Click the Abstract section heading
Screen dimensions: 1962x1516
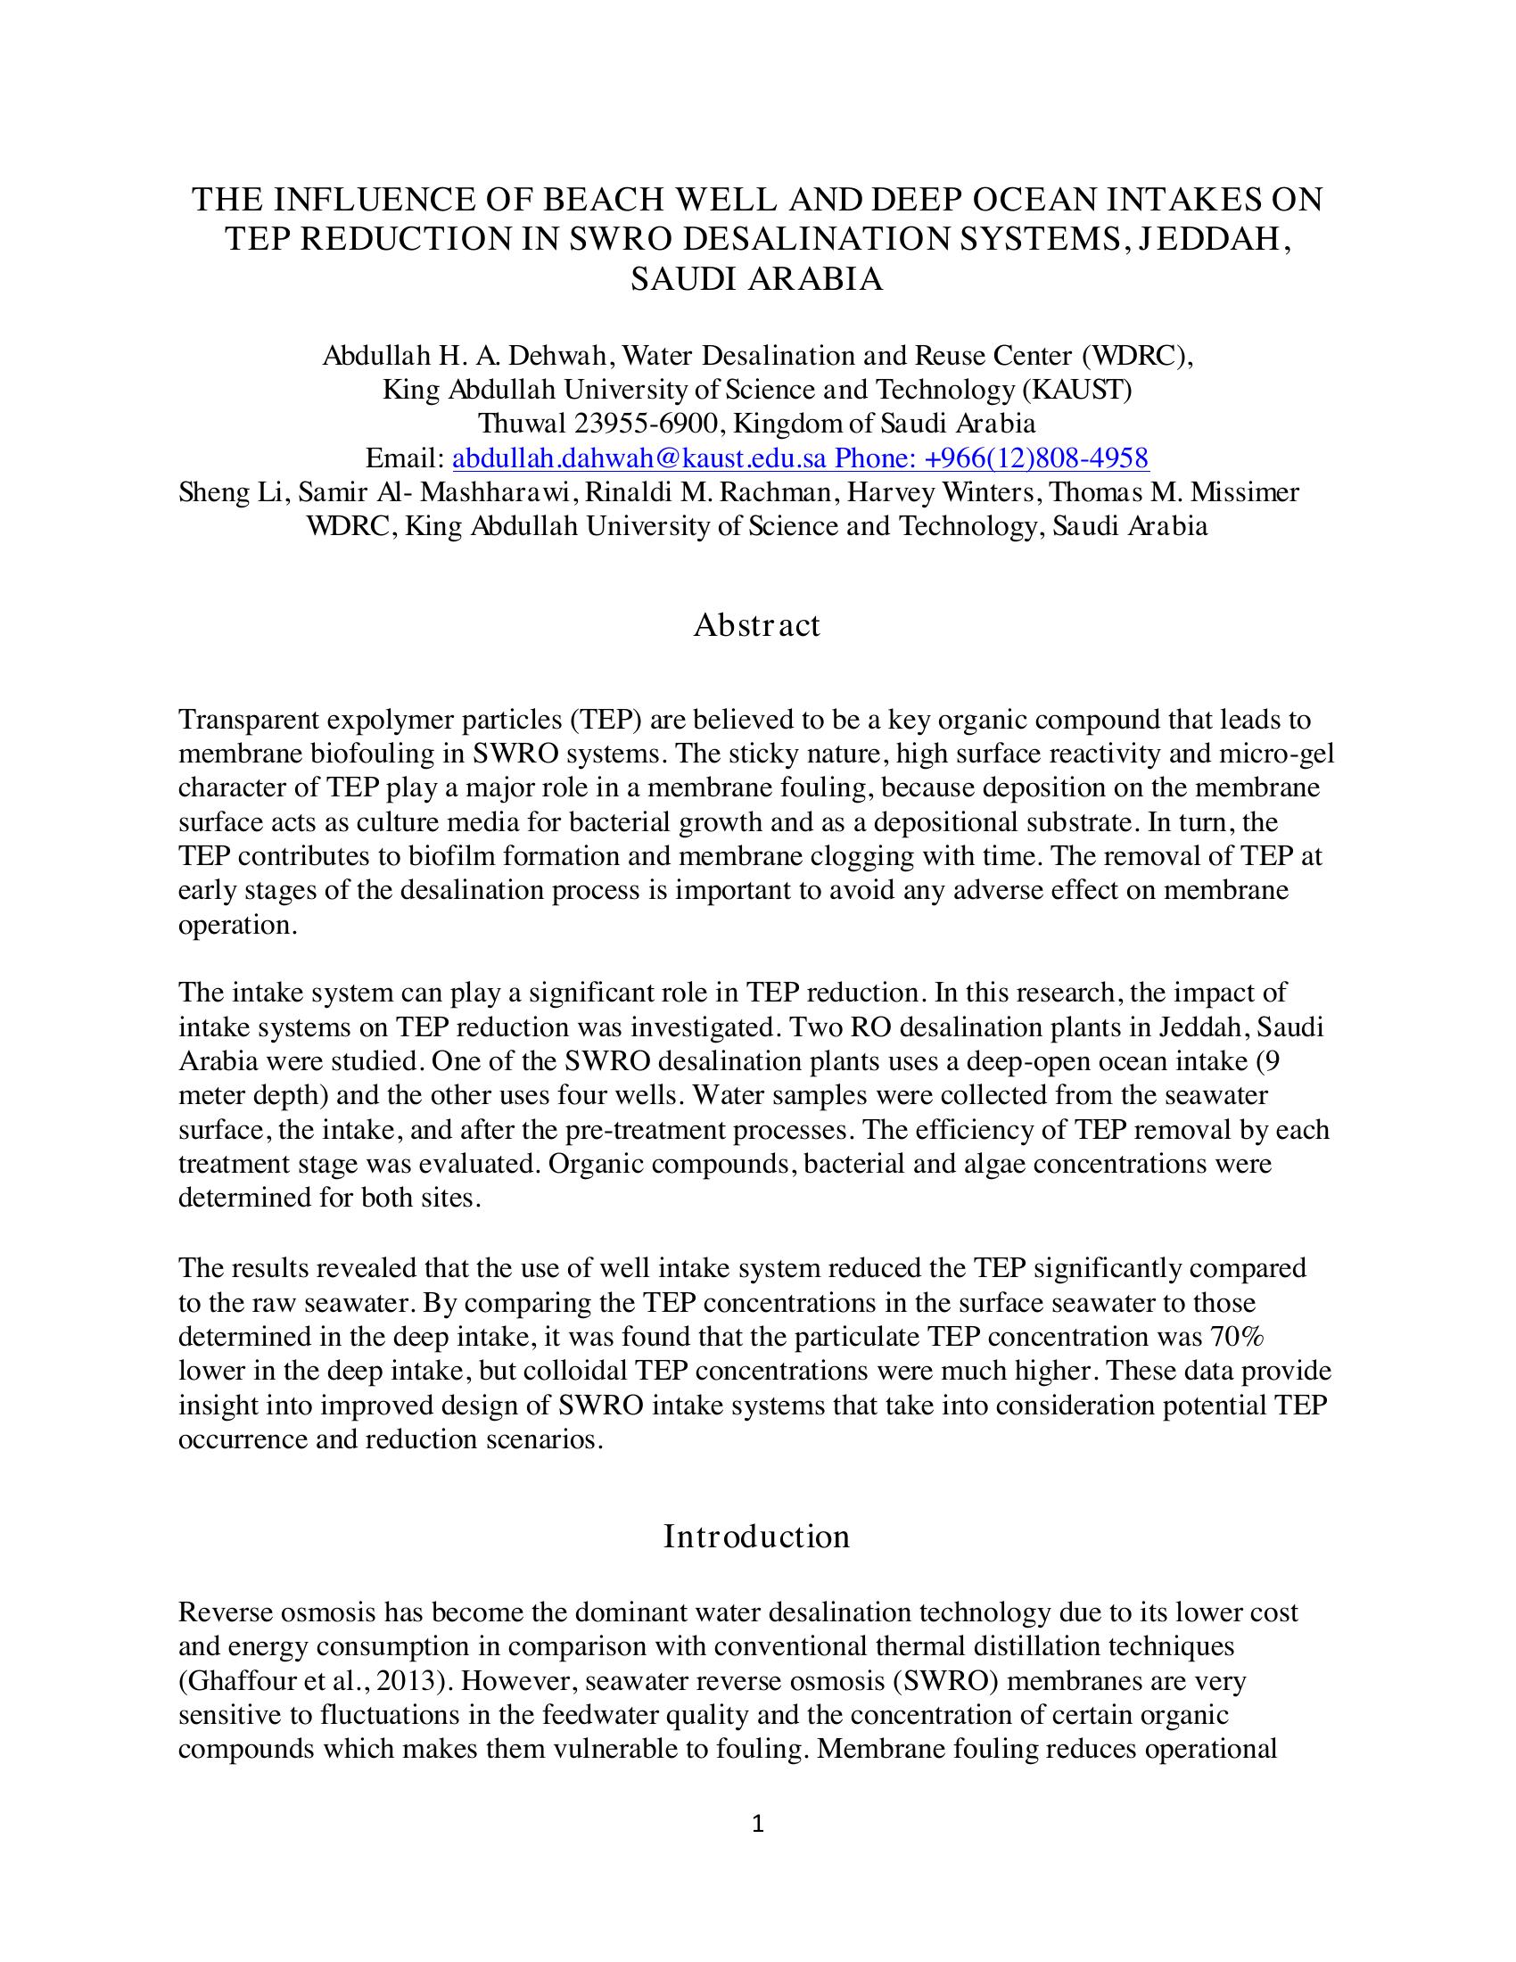point(756,625)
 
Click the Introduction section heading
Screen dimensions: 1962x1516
point(756,1537)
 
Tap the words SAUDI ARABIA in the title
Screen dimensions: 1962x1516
point(756,279)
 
